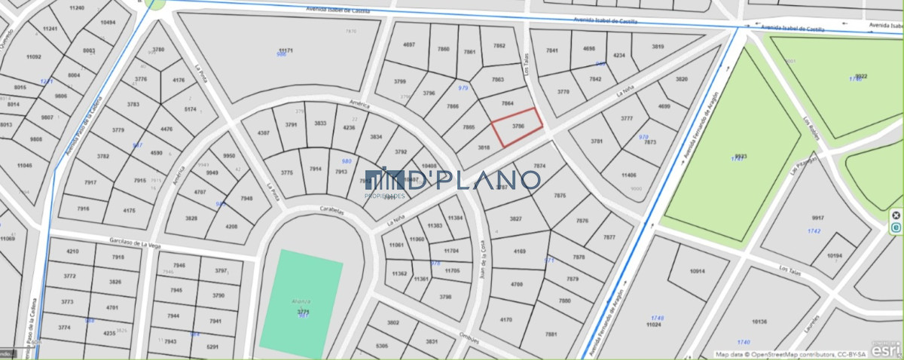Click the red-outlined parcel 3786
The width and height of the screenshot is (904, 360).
[518, 127]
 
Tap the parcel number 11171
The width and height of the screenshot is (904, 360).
[284, 50]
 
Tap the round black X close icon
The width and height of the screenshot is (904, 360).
[896, 215]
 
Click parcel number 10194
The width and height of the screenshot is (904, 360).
[834, 256]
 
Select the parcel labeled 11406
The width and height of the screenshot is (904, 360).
[629, 175]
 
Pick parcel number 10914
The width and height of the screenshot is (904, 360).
[697, 271]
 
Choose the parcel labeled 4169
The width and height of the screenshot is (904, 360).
[520, 251]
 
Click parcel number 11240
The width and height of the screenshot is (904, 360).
[76, 8]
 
